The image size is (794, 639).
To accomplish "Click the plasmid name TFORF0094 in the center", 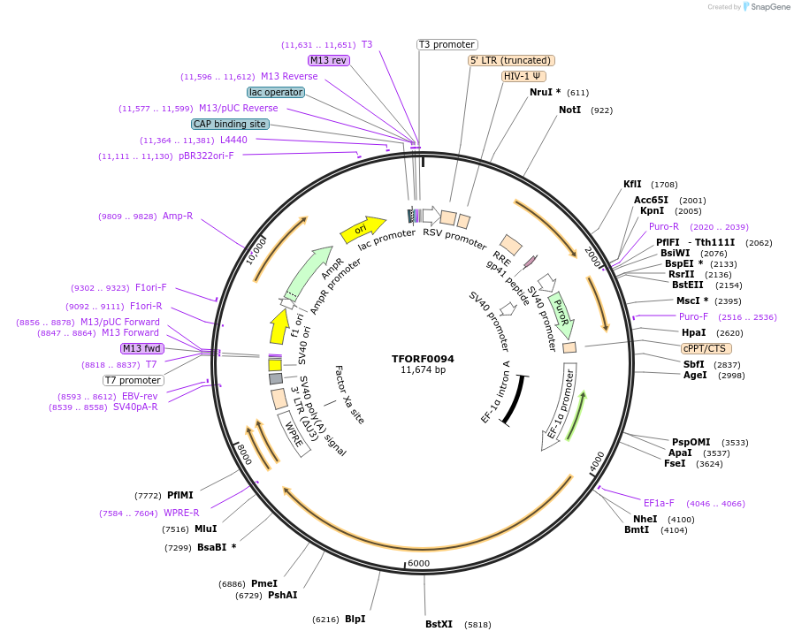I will point(423,359).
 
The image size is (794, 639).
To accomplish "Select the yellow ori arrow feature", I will point(363,230).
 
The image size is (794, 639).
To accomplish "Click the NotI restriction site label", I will point(570,110).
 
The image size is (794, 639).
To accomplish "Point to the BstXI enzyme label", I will point(439,624).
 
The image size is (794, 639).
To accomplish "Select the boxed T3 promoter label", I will point(447,44).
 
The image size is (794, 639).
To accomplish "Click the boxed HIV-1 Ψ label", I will point(523,76).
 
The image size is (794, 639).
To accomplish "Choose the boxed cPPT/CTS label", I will point(705,348).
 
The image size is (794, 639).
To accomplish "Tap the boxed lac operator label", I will point(276,92).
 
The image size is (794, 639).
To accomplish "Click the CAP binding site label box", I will point(230,125).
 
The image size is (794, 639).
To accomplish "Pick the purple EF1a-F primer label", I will point(659,503).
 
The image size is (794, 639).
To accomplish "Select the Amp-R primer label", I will point(178,216).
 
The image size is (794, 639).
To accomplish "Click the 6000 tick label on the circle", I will point(418,563).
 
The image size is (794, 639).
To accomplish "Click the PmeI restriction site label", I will point(264,583).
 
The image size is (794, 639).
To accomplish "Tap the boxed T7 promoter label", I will point(133,380).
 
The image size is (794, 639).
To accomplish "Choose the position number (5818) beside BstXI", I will point(477,624).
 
